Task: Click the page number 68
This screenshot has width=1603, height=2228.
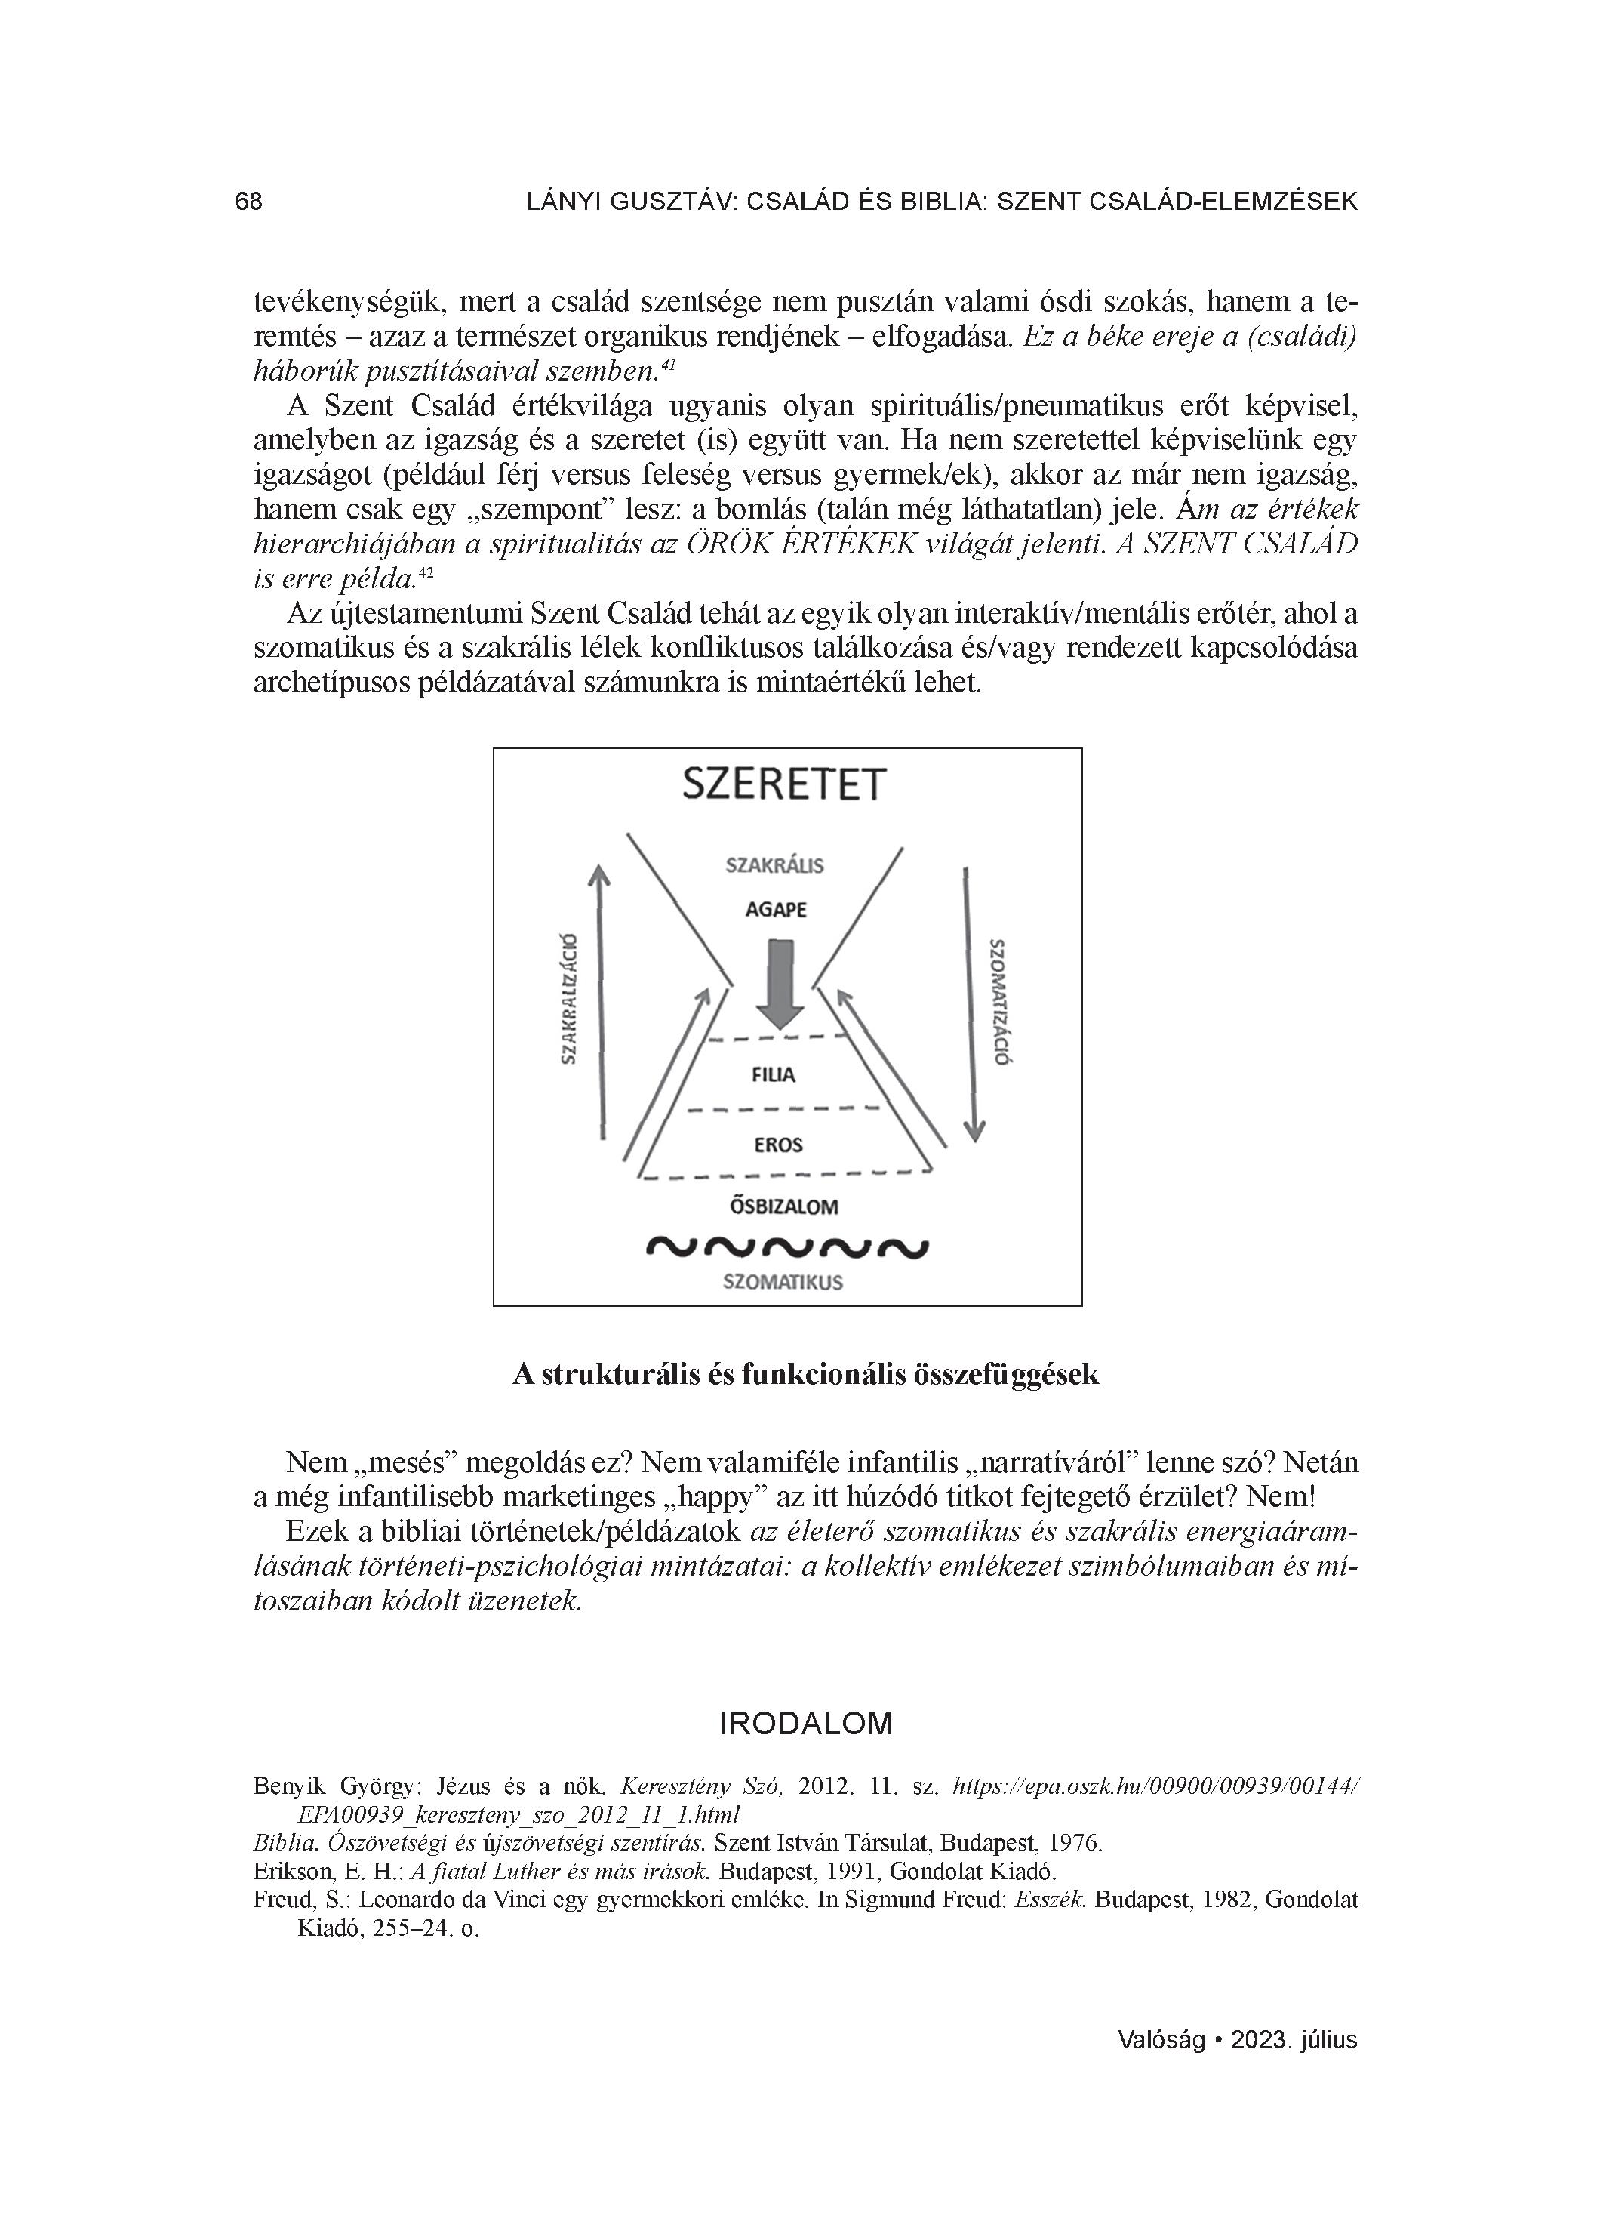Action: (x=248, y=202)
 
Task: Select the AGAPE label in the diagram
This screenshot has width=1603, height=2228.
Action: (x=776, y=910)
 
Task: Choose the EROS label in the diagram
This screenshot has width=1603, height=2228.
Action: (x=778, y=1145)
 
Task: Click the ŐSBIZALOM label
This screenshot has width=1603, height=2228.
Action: (x=783, y=1206)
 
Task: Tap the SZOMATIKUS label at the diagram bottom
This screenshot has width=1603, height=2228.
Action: (x=783, y=1282)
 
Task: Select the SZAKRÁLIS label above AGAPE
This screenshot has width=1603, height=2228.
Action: (x=775, y=865)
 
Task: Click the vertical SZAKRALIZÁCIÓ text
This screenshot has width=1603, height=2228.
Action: (x=568, y=998)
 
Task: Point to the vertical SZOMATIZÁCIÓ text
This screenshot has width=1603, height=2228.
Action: (x=1001, y=1001)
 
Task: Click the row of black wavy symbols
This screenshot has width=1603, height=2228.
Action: (x=786, y=1247)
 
